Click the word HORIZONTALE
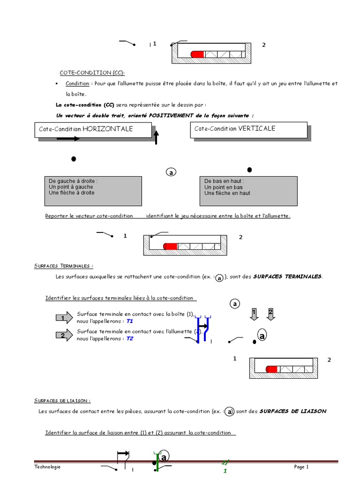coord(107,128)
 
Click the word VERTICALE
coord(257,128)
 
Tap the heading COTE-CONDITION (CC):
coord(92,73)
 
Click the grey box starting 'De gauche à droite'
coord(93,191)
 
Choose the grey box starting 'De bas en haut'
coord(248,191)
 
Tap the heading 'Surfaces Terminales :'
coord(64,266)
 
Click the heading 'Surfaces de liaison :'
coord(62,401)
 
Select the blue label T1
coord(130,322)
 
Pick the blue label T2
coord(130,338)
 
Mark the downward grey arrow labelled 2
coord(270,314)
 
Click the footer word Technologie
coord(47,467)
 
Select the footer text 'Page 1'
coord(301,467)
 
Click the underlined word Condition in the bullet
coord(77,83)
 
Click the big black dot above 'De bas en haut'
coord(249,169)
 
